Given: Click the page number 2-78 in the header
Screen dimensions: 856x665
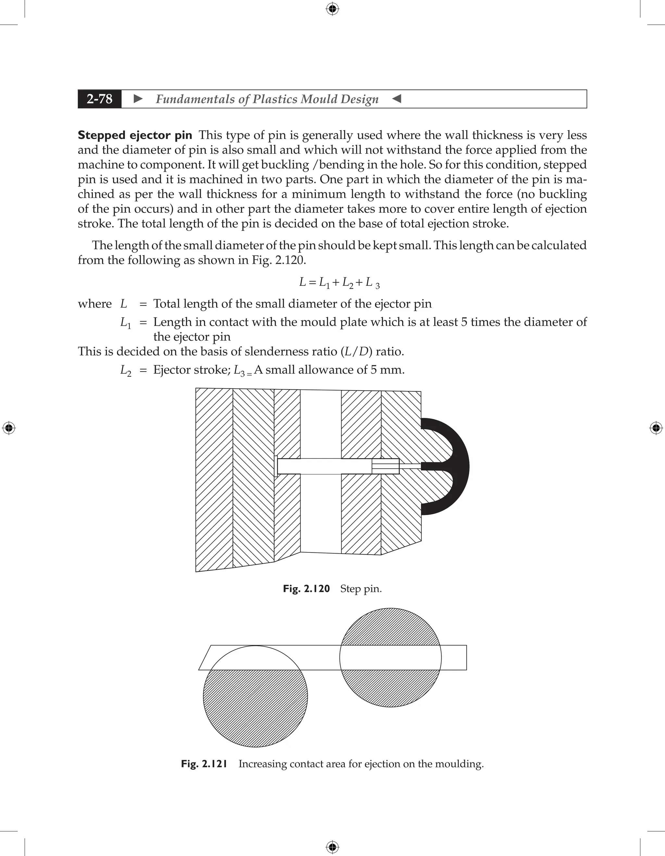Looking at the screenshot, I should [x=100, y=99].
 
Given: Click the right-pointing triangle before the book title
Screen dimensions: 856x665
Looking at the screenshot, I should [x=138, y=99].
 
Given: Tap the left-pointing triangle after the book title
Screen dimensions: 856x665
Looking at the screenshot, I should [x=396, y=99].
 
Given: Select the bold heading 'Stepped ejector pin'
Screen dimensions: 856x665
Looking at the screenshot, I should [x=135, y=135].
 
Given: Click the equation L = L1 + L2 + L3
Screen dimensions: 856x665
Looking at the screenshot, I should [x=339, y=282].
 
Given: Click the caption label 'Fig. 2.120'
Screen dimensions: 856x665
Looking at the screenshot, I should [x=307, y=589].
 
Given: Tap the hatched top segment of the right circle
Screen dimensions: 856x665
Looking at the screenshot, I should [x=390, y=628].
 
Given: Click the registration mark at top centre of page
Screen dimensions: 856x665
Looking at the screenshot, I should [x=332, y=9].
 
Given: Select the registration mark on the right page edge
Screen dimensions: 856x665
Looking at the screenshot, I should [x=656, y=428].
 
